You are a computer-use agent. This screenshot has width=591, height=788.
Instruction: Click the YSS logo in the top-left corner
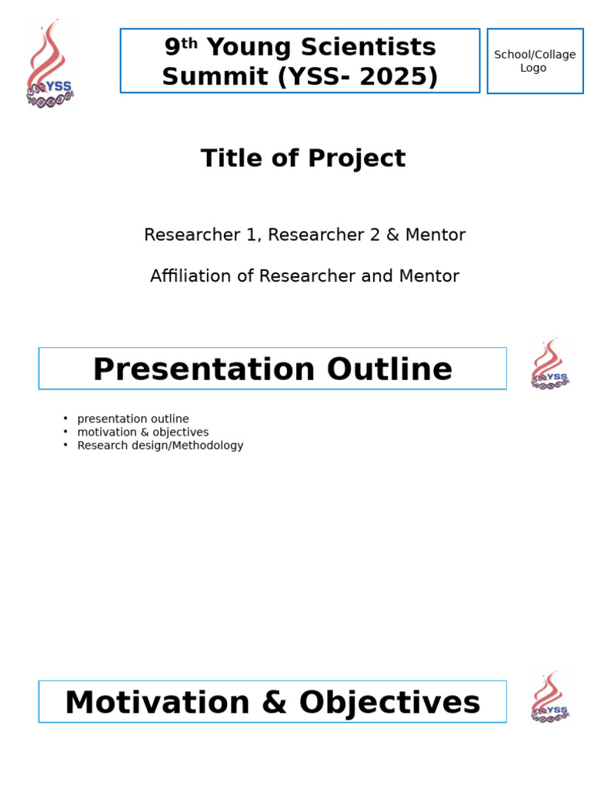[50, 65]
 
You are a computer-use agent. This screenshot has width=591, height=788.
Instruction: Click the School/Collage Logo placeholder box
[535, 61]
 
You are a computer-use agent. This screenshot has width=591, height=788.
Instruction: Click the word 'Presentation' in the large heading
[204, 369]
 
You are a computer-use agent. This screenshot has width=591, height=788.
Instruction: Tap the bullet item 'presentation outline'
[133, 419]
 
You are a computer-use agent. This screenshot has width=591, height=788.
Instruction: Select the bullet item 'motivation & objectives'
[143, 432]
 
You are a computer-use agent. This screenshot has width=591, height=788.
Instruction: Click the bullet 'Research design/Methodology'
[160, 446]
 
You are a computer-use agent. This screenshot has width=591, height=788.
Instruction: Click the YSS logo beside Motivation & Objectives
[549, 698]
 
